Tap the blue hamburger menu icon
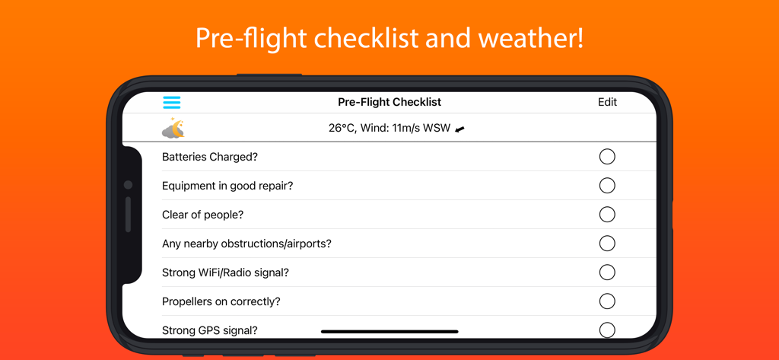click(x=172, y=102)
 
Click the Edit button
click(x=607, y=102)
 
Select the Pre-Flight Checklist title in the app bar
click(x=389, y=102)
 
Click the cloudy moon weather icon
click(x=173, y=129)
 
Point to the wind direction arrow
click(x=459, y=129)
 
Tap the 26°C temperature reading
click(x=343, y=129)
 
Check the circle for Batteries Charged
click(x=607, y=157)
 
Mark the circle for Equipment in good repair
click(x=607, y=186)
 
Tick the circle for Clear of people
click(x=607, y=215)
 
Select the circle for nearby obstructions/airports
click(x=607, y=244)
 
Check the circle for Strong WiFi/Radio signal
click(x=607, y=272)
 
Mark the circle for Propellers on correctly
click(x=607, y=301)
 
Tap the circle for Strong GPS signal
click(x=607, y=330)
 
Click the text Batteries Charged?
click(x=210, y=157)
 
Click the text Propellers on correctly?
click(x=221, y=301)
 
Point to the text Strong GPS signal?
click(x=210, y=330)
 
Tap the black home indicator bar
click(x=389, y=332)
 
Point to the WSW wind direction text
click(x=437, y=129)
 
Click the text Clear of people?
click(x=203, y=215)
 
